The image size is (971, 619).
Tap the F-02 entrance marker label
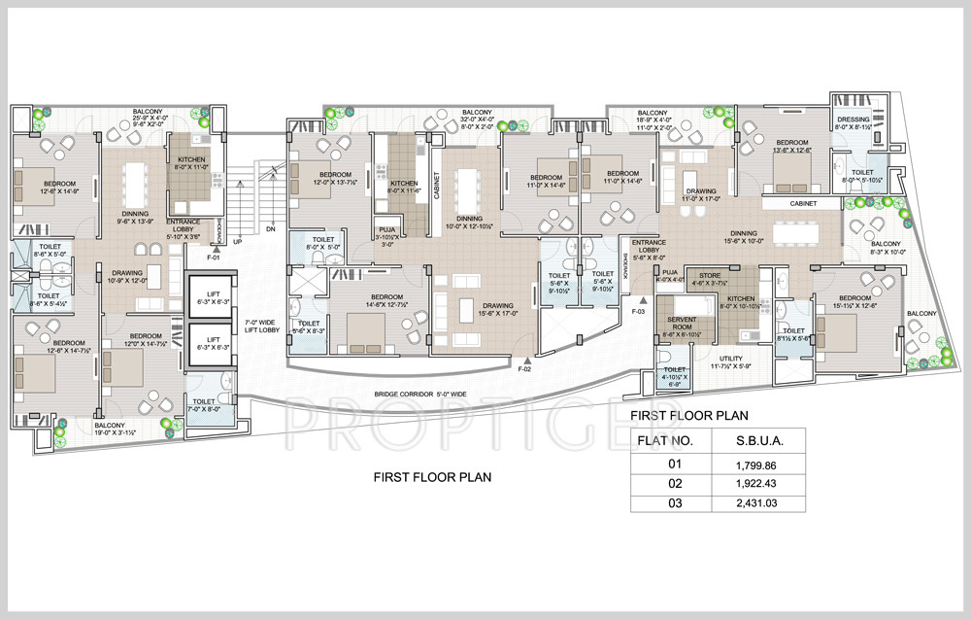point(524,369)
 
